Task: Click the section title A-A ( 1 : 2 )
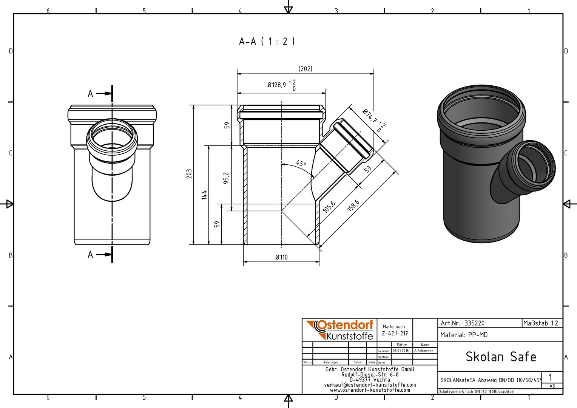[x=267, y=41]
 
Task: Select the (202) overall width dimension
[x=305, y=69]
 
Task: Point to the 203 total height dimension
[x=189, y=174]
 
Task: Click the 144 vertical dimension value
[x=204, y=195]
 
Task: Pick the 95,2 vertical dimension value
[x=226, y=178]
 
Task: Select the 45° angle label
[x=301, y=164]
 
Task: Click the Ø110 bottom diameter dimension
[x=281, y=257]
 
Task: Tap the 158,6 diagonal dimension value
[x=353, y=206]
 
